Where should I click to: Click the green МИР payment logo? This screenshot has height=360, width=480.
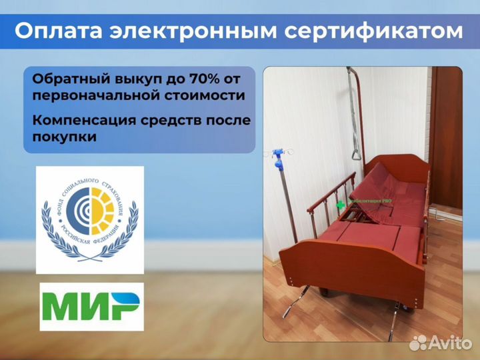(91, 307)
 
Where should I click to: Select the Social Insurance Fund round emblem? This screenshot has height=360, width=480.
(89, 219)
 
